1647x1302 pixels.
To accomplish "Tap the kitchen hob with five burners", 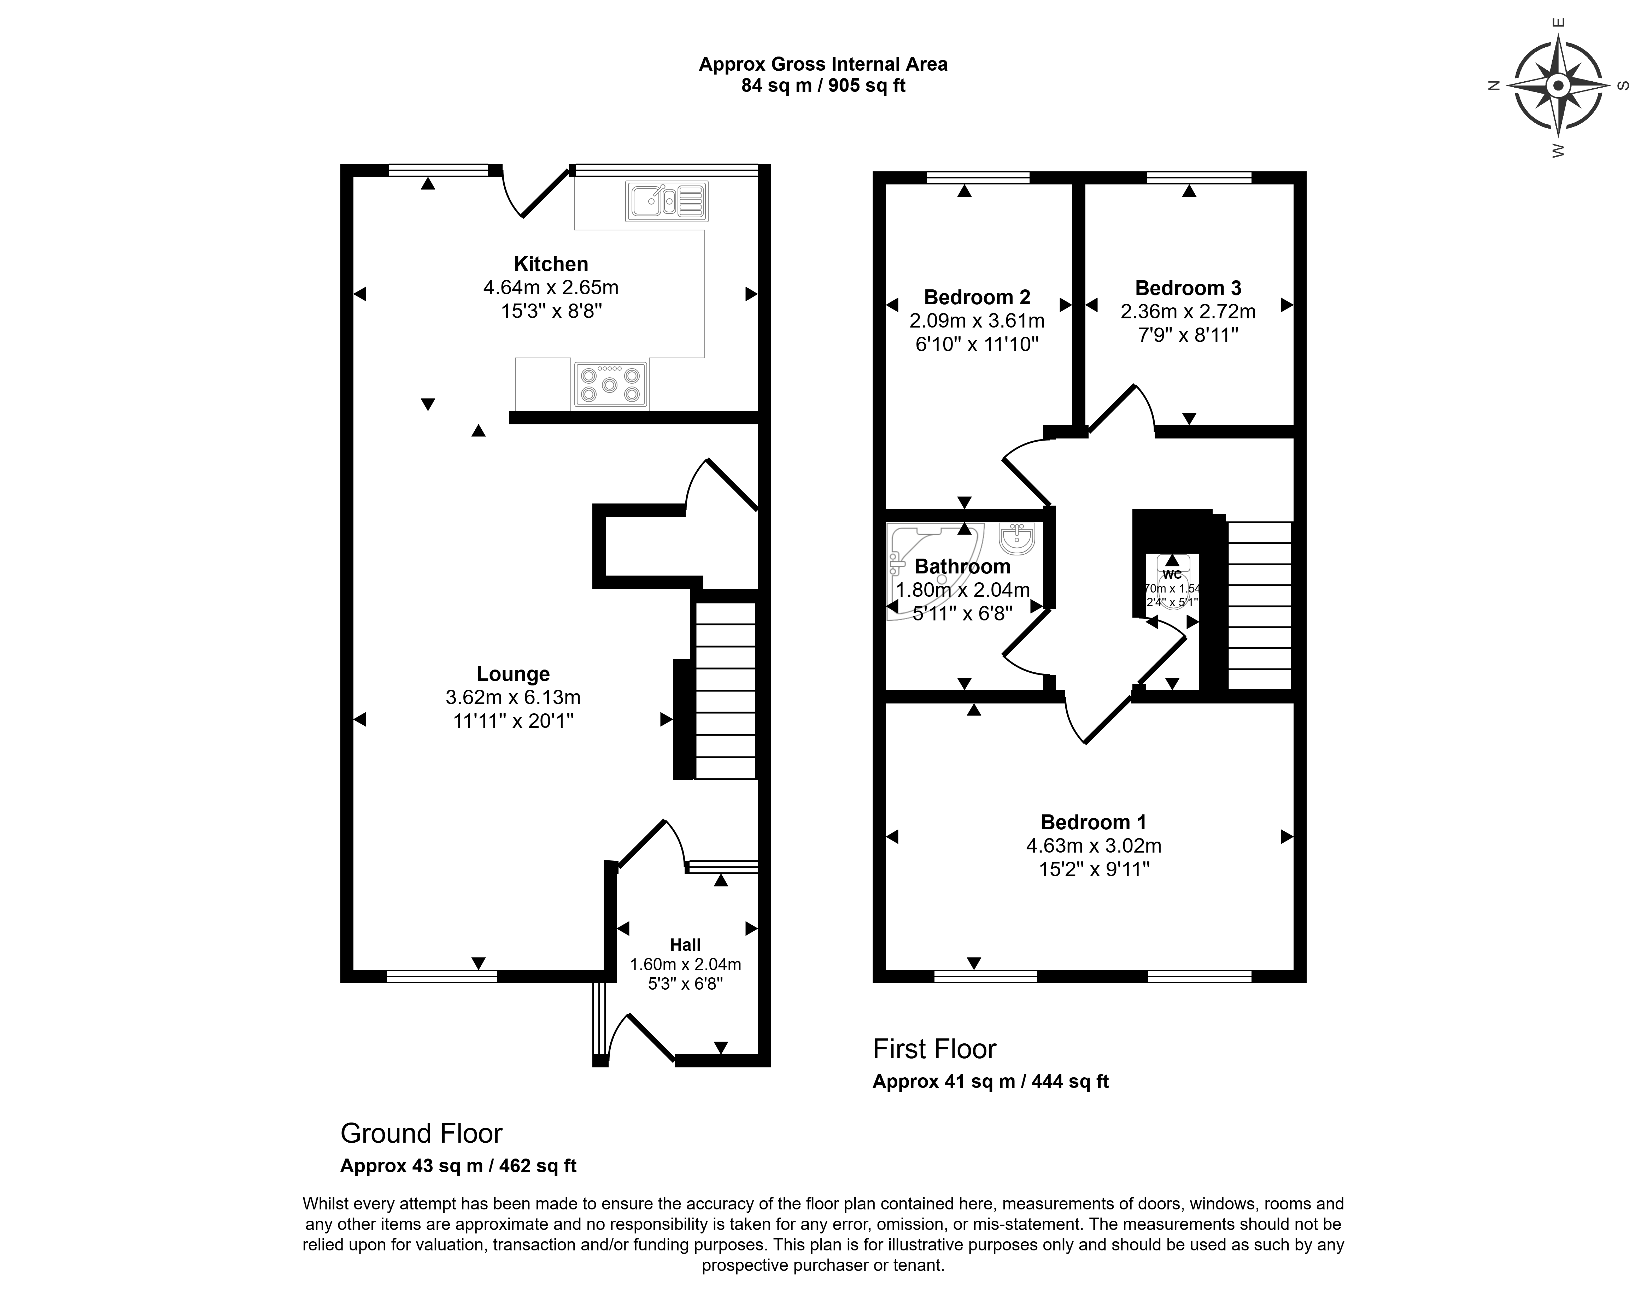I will [610, 384].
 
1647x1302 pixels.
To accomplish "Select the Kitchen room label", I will [551, 264].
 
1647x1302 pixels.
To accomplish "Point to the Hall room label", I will [685, 944].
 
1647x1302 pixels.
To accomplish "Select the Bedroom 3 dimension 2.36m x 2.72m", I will [1187, 311].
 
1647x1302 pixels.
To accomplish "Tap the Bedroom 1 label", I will [1093, 822].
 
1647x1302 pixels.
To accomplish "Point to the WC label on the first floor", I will [1172, 574].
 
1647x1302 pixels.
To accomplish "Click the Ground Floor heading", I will [421, 1133].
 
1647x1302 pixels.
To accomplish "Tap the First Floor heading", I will [934, 1049].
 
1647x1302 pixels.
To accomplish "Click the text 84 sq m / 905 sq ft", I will [823, 86].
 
